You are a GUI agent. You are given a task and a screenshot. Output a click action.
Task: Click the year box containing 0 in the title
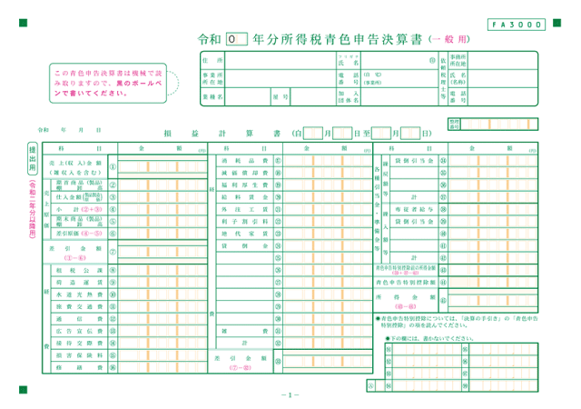235,40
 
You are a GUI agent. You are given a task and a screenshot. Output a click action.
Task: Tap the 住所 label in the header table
215,59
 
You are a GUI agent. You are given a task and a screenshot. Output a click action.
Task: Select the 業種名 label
215,94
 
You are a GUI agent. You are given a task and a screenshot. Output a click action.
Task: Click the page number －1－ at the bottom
290,394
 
